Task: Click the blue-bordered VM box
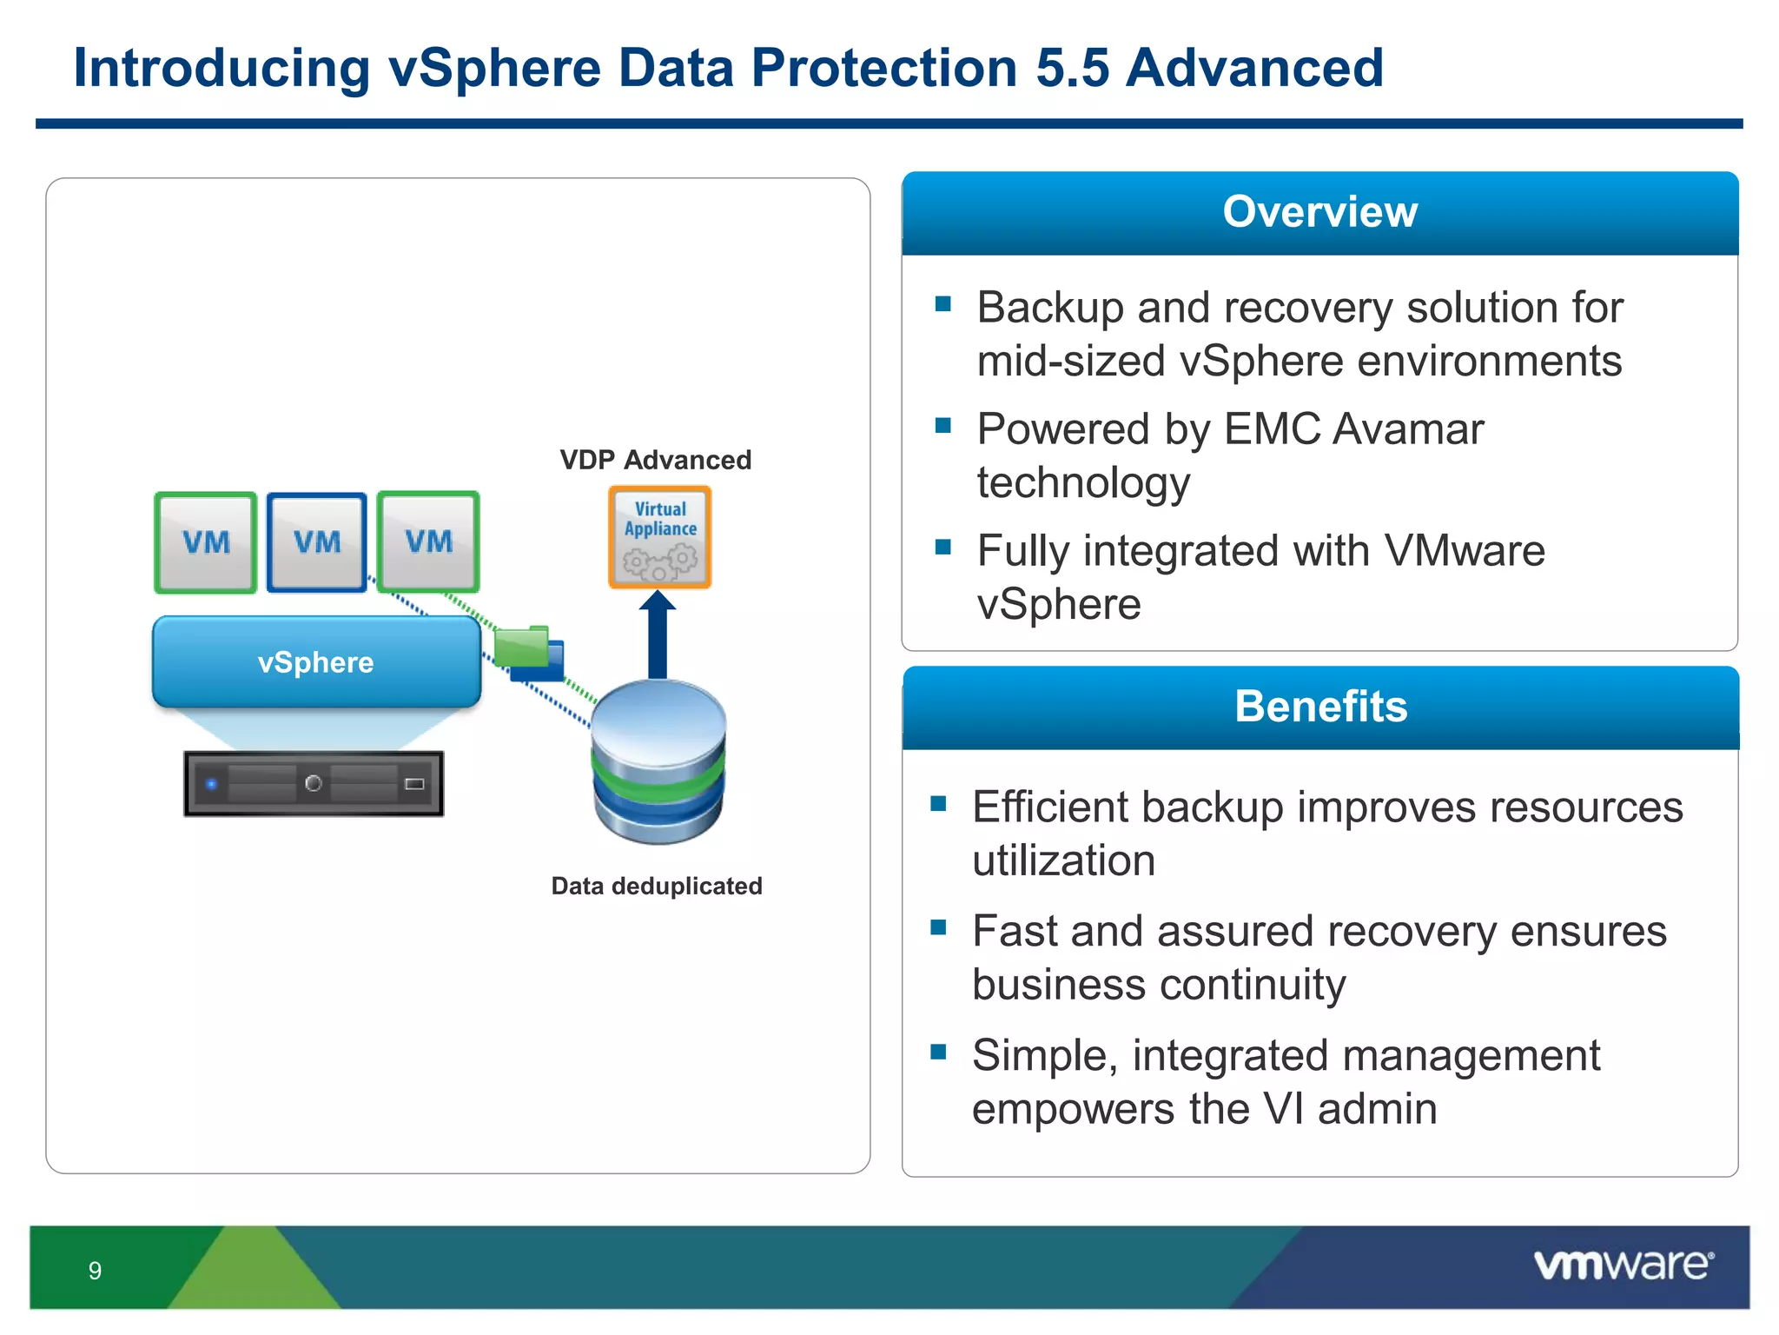point(316,542)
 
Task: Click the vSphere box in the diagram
point(316,662)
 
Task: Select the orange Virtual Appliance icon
point(660,537)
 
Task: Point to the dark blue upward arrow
point(658,634)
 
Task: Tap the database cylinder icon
point(658,761)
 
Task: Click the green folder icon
point(521,647)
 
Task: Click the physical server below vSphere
point(314,784)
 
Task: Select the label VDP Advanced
point(656,460)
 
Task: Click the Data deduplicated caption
point(657,886)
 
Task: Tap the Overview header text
point(1319,212)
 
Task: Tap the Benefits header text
point(1320,706)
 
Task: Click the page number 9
point(95,1271)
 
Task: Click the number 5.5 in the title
point(1073,68)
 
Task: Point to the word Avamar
point(1408,429)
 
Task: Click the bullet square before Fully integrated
point(943,547)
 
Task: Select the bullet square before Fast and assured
point(938,927)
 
